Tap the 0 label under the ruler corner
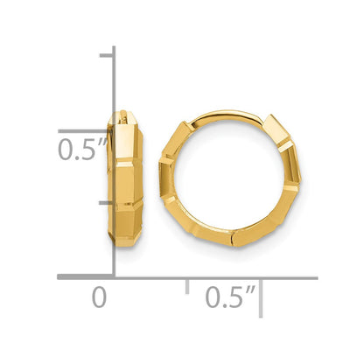point(100,297)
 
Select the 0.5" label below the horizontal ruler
point(229,297)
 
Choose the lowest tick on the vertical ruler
point(108,203)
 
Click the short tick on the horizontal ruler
point(187,285)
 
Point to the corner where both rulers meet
point(115,276)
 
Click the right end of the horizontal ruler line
point(316,276)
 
